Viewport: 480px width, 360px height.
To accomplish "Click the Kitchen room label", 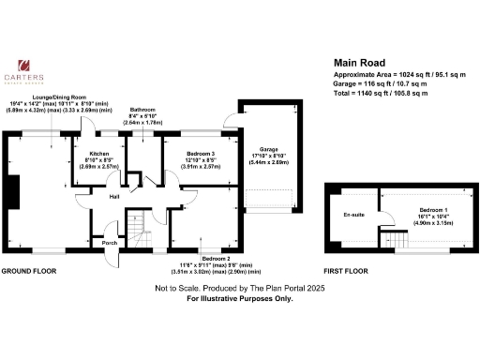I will pyautogui.click(x=100, y=153).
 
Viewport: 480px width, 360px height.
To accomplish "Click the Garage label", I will pyautogui.click(x=268, y=149).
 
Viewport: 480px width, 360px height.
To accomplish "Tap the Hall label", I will pyautogui.click(x=113, y=197).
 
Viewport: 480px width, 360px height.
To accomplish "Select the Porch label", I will pyautogui.click(x=111, y=241).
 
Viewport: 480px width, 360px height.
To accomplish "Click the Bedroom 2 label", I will pyautogui.click(x=215, y=255).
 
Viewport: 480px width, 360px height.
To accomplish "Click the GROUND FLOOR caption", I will pyautogui.click(x=28, y=270).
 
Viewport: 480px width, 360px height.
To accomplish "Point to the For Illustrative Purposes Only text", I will pyautogui.click(x=239, y=298).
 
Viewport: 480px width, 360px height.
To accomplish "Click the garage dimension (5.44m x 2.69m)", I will pyautogui.click(x=268, y=162).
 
